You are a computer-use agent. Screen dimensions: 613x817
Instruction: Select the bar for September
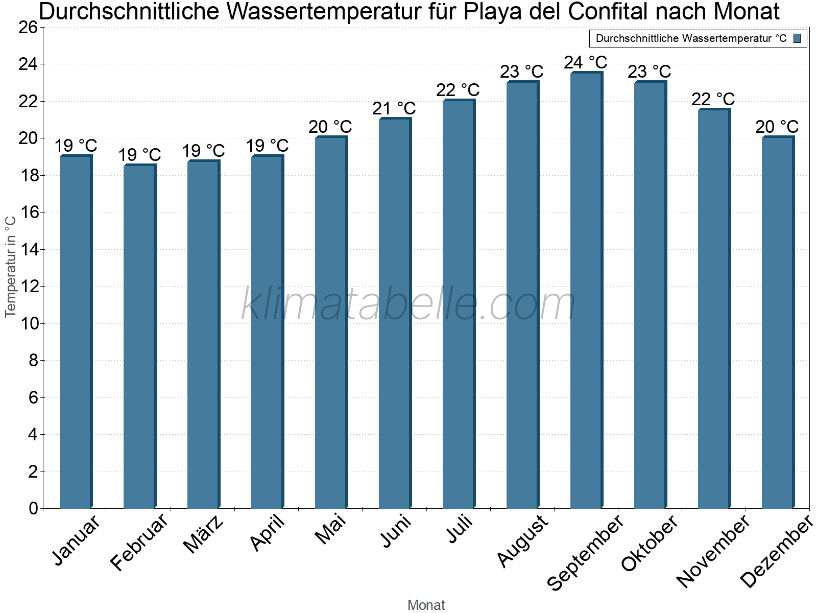[x=586, y=291]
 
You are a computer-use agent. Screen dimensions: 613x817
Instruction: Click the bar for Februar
[x=139, y=337]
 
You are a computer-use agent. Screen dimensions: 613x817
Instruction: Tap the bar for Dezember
[x=778, y=323]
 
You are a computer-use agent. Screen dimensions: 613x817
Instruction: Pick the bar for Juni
[x=395, y=314]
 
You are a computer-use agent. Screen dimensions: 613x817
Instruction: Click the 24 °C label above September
[x=586, y=63]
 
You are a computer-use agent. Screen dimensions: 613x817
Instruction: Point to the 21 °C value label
[x=394, y=109]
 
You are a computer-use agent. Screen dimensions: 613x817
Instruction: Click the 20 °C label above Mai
[x=330, y=127]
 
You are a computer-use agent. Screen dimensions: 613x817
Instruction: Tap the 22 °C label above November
[x=713, y=99]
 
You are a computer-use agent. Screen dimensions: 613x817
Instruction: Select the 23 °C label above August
[x=522, y=72]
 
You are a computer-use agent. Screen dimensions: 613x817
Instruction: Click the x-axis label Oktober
[x=650, y=543]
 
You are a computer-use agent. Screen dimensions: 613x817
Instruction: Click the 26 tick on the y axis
[x=28, y=28]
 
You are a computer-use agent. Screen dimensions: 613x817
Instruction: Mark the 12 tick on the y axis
[x=28, y=287]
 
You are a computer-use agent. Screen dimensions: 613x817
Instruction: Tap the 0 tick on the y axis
[x=34, y=509]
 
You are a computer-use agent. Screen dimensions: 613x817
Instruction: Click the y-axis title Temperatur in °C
[x=11, y=267]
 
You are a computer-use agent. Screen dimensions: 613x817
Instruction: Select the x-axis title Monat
[x=426, y=605]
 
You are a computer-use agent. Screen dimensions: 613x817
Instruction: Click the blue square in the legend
[x=797, y=38]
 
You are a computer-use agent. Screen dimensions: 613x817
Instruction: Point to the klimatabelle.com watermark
[x=408, y=304]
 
